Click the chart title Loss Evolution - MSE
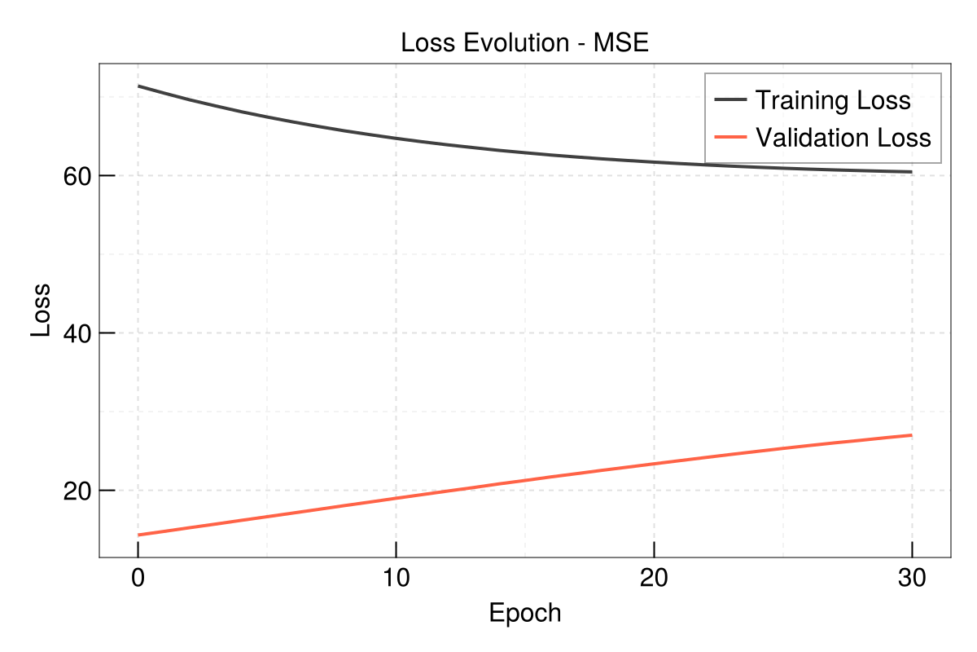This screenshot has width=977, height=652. pos(524,43)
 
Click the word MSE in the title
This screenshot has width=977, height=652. pos(620,43)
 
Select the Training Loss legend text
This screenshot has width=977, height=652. pos(832,100)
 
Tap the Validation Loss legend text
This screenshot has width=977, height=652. pos(843,137)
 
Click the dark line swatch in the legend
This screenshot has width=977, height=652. pos(730,100)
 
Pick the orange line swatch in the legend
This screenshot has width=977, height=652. pos(730,137)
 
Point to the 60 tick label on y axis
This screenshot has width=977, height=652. pos(77,176)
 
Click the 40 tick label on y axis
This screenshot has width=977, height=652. pos(77,333)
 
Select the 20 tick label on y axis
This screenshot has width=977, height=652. pos(77,491)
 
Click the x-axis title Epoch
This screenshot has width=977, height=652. pos(524,613)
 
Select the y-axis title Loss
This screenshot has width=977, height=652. pos(41,310)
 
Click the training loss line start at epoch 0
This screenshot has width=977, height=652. pos(139,86)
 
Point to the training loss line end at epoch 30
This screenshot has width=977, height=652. pos(911,172)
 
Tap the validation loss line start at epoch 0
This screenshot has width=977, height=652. pos(139,535)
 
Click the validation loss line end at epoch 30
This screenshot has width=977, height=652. pos(911,435)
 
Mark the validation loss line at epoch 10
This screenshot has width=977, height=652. pos(396,498)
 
